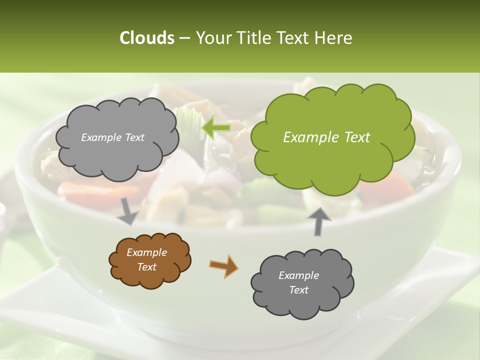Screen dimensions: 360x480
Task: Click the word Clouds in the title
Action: click(146, 38)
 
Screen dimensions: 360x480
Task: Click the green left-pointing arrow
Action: click(216, 128)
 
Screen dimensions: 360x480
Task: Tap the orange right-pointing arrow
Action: click(223, 265)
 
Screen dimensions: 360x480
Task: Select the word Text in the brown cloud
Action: click(146, 267)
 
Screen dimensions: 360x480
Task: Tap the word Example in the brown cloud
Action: click(146, 252)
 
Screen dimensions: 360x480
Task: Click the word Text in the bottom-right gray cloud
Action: click(298, 290)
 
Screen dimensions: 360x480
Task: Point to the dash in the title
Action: click(184, 38)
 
